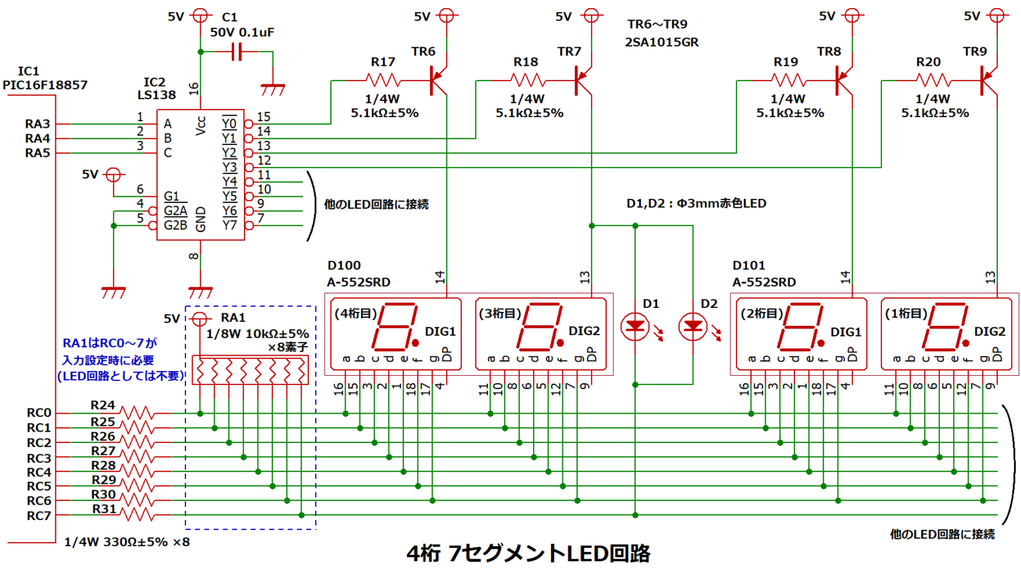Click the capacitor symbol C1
tap(237, 51)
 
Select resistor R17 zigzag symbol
tap(384, 80)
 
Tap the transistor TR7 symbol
tap(583, 80)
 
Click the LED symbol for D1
tap(635, 326)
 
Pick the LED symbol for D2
tap(693, 326)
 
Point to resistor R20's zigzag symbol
tap(933, 80)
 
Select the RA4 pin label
tap(37, 138)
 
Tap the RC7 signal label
tap(39, 515)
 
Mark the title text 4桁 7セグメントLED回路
tap(528, 553)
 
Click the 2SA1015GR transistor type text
tap(661, 42)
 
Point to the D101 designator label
tap(748, 265)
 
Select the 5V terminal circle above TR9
tap(996, 15)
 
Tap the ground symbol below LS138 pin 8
tap(200, 292)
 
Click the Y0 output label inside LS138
tap(229, 124)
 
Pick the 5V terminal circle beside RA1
tap(199, 319)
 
